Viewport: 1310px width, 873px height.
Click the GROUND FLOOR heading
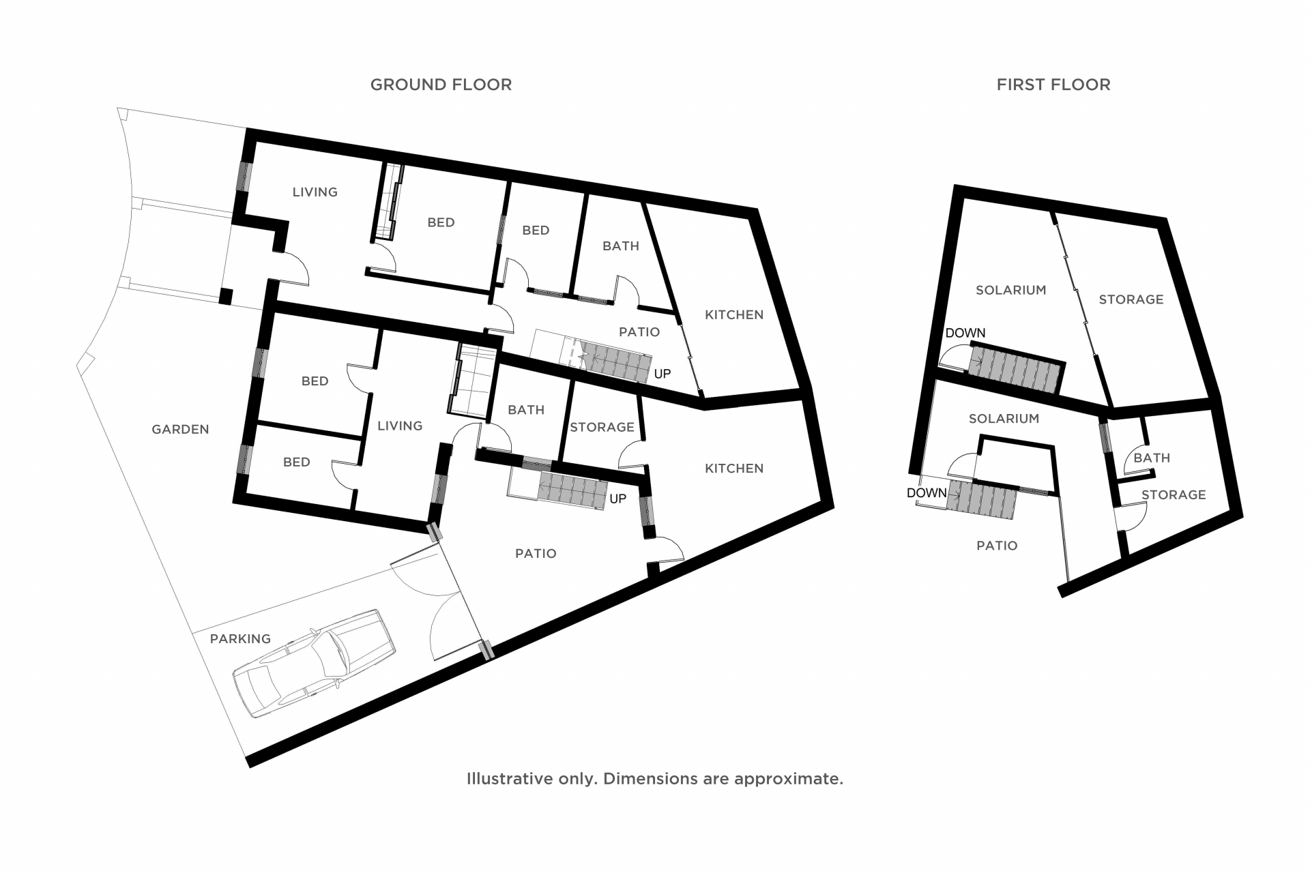click(x=441, y=85)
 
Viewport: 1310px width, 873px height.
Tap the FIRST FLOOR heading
click(x=1053, y=85)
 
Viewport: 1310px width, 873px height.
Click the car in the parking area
click(x=315, y=663)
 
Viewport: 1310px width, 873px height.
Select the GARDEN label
click(x=180, y=429)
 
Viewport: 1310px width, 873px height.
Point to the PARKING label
click(x=240, y=639)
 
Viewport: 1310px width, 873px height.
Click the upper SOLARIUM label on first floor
click(x=1010, y=290)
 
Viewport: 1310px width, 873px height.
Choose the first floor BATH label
click(x=1152, y=458)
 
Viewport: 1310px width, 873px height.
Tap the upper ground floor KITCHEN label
click(x=734, y=314)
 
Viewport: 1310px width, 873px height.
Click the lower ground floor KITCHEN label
click(x=734, y=468)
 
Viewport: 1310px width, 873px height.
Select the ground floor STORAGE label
click(x=602, y=427)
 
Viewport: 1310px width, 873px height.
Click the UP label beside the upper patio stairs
click(x=663, y=374)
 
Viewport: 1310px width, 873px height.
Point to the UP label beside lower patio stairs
click(x=617, y=499)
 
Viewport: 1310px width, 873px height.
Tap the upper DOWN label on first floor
click(x=965, y=333)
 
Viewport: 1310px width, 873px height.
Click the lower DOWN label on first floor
click(x=927, y=492)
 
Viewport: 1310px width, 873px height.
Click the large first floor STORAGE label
click(x=1131, y=299)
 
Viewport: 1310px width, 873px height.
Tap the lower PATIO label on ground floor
click(x=536, y=553)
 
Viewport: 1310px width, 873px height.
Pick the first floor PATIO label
click(x=997, y=546)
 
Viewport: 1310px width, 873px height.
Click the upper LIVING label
click(x=315, y=192)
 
